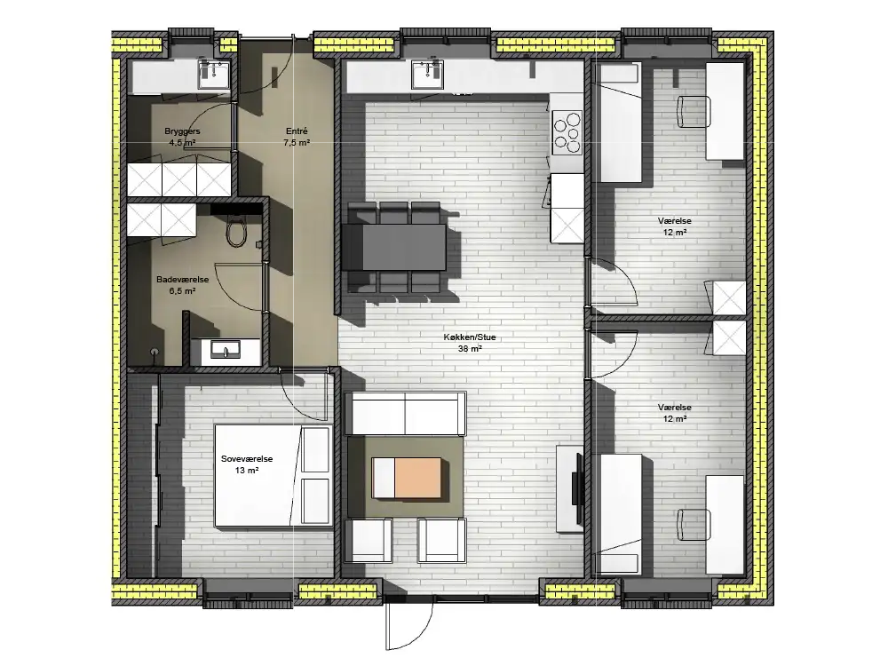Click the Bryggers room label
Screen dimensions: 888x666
[182, 131]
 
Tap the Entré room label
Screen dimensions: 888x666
[297, 131]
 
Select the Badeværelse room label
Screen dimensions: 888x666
[182, 280]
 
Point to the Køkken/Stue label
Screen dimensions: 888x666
[470, 337]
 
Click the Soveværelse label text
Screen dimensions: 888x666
[247, 459]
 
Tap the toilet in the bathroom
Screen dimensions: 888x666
[236, 232]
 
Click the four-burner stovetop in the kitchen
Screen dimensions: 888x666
[567, 132]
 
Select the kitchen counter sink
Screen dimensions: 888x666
[428, 75]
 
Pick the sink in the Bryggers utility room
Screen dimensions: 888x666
[214, 75]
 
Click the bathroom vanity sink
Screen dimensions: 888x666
[226, 349]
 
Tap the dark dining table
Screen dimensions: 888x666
[394, 247]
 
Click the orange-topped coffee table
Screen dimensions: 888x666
[406, 478]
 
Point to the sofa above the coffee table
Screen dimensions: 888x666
[405, 414]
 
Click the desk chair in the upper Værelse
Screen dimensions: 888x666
[694, 112]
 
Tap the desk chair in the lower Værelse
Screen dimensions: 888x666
[694, 525]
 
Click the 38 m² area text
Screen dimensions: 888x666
[470, 349]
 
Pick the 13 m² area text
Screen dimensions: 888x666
[247, 471]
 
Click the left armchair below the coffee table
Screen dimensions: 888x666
[369, 540]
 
